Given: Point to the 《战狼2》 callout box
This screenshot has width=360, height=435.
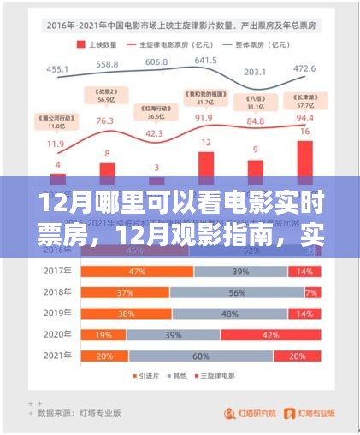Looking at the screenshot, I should pyautogui.click(x=106, y=96).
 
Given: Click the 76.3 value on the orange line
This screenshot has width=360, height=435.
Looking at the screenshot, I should pyautogui.click(x=106, y=121).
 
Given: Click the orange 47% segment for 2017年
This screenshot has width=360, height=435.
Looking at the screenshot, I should pyautogui.click(x=137, y=271).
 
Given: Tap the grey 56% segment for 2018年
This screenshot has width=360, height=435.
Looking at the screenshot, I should pyautogui.click(x=231, y=292).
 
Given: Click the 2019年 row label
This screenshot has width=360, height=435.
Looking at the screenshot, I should pyautogui.click(x=56, y=314).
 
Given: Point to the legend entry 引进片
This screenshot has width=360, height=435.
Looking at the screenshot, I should pyautogui.click(x=146, y=376).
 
